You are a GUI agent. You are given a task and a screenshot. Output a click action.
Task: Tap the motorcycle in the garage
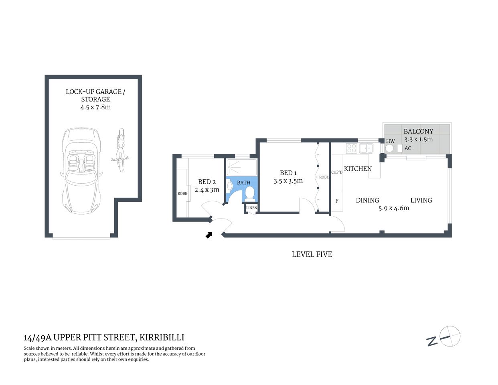click(120, 150)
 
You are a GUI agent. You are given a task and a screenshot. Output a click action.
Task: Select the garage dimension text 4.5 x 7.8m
click(95, 107)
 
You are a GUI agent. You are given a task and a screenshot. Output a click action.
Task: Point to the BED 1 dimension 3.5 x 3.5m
click(288, 181)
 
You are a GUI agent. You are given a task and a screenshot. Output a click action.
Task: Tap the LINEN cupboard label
click(251, 208)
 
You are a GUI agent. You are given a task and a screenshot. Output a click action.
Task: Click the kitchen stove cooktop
click(351, 148)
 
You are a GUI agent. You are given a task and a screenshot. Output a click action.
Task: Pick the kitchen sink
click(366, 148)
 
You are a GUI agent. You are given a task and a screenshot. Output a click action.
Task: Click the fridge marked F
click(337, 201)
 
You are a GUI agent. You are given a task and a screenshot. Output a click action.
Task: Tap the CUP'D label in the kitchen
click(337, 172)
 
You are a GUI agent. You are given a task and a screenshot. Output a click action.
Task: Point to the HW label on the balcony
click(390, 141)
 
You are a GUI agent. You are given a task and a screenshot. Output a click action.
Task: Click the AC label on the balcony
click(408, 148)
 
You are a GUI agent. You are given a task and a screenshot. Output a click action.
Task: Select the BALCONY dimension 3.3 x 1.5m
click(418, 139)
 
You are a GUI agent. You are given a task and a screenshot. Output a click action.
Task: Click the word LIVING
click(421, 200)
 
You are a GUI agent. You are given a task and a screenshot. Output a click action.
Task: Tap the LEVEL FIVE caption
click(312, 254)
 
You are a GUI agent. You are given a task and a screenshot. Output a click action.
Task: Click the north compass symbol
click(449, 336)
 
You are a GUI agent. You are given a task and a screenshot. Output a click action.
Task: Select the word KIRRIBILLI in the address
click(162, 338)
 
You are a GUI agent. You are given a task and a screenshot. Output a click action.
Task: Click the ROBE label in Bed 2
click(182, 194)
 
